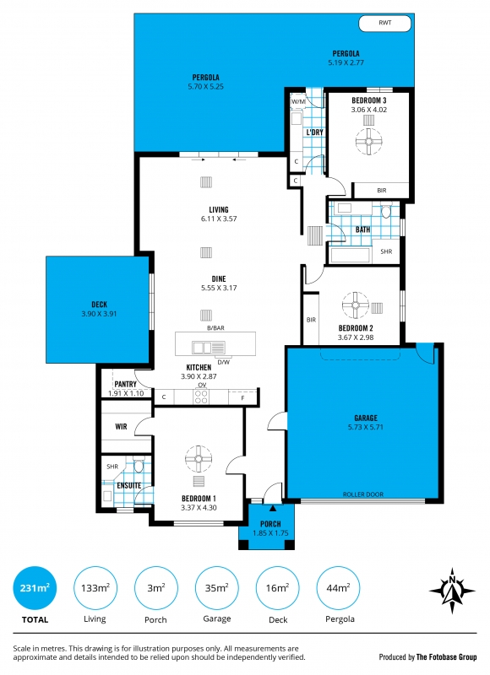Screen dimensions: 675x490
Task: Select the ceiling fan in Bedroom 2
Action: click(354, 302)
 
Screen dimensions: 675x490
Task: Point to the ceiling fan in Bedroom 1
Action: click(199, 459)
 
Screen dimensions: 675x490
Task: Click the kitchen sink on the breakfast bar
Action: click(203, 346)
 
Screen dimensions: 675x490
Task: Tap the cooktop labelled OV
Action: click(202, 396)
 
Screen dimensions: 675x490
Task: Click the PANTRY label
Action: click(124, 385)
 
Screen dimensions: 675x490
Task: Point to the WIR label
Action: click(121, 426)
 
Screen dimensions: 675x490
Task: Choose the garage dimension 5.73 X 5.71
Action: click(365, 428)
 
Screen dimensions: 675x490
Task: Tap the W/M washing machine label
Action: click(297, 102)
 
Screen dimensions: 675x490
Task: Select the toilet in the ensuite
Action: click(139, 467)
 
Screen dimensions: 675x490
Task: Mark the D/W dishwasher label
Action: click(224, 362)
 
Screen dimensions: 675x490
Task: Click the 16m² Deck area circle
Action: click(276, 587)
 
